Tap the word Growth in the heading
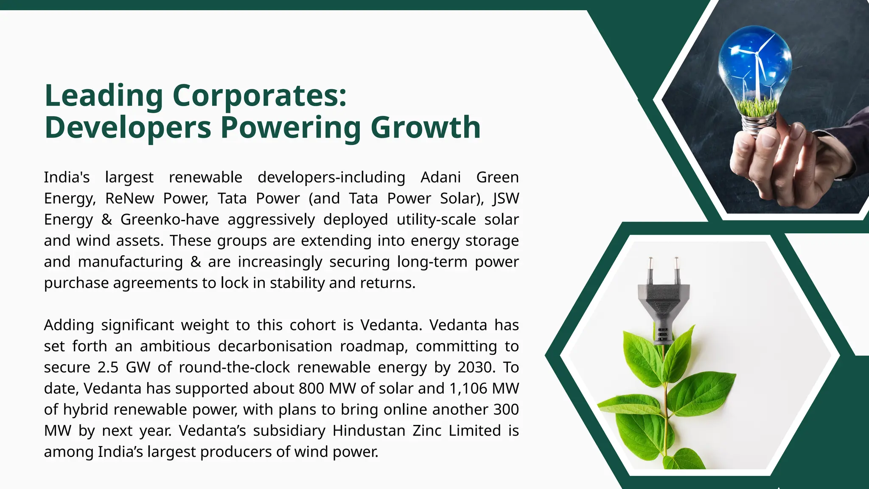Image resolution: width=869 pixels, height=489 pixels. [426, 128]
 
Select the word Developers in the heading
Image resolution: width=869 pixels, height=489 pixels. [128, 128]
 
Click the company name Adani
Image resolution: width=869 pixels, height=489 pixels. [440, 177]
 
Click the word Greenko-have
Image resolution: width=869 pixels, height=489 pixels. [170, 219]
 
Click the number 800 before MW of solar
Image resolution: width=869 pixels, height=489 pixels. [312, 388]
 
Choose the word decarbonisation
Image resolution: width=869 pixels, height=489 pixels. [275, 346]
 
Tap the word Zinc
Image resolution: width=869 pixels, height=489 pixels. [426, 430]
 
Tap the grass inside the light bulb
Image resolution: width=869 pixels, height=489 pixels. [757, 108]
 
